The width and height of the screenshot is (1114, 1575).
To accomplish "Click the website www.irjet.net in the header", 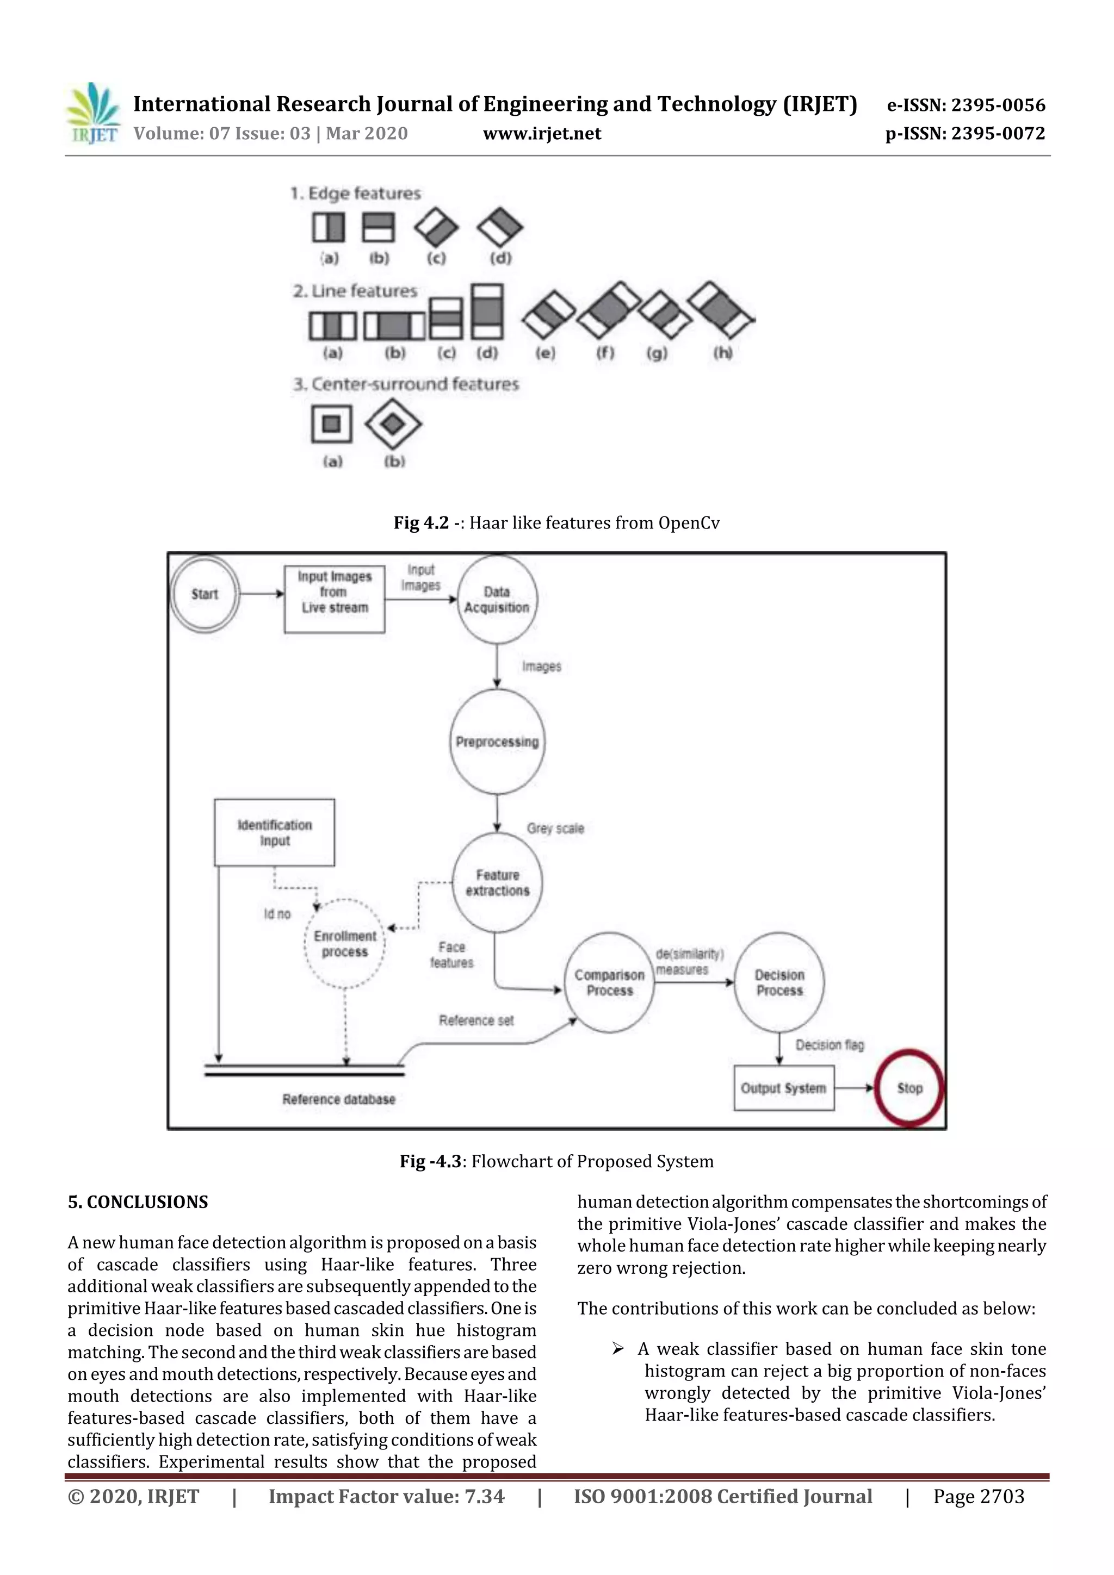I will [542, 134].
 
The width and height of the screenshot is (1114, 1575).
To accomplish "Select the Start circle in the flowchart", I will [205, 594].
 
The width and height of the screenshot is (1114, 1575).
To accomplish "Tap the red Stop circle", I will [909, 1088].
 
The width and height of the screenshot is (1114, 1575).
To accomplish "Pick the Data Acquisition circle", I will [497, 600].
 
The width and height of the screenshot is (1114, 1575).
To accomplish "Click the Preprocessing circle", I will [497, 742].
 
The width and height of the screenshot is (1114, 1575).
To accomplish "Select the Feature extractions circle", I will [497, 883].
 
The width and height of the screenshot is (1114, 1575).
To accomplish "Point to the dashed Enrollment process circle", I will [344, 944].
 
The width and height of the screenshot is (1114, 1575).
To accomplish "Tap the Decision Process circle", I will [779, 982].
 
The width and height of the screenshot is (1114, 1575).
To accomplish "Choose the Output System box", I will [784, 1088].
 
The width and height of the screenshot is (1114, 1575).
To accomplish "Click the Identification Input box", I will [275, 832].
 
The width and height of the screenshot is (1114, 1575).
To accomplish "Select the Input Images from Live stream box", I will [335, 592].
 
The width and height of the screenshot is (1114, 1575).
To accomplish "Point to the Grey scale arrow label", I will [555, 828].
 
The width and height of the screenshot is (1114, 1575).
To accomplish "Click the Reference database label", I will [338, 1099].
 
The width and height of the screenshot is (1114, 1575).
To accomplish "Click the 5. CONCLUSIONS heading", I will [137, 1202].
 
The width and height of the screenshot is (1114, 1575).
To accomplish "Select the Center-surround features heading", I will [406, 384].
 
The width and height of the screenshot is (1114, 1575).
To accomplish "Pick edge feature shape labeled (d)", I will [500, 228].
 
